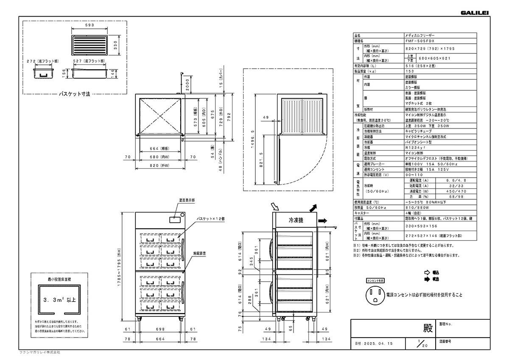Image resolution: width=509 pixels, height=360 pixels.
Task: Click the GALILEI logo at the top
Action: click(475, 13)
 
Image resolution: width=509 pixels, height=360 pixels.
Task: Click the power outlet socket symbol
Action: click(375, 295)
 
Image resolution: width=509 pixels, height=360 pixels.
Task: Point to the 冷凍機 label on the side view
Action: click(296, 220)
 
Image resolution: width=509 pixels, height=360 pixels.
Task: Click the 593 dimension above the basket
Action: click(89, 25)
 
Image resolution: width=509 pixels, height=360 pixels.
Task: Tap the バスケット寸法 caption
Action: click(75, 94)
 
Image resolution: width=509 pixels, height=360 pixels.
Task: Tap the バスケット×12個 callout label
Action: click(210, 218)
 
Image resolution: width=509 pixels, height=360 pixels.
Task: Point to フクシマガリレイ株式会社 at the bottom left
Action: click(40, 353)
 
